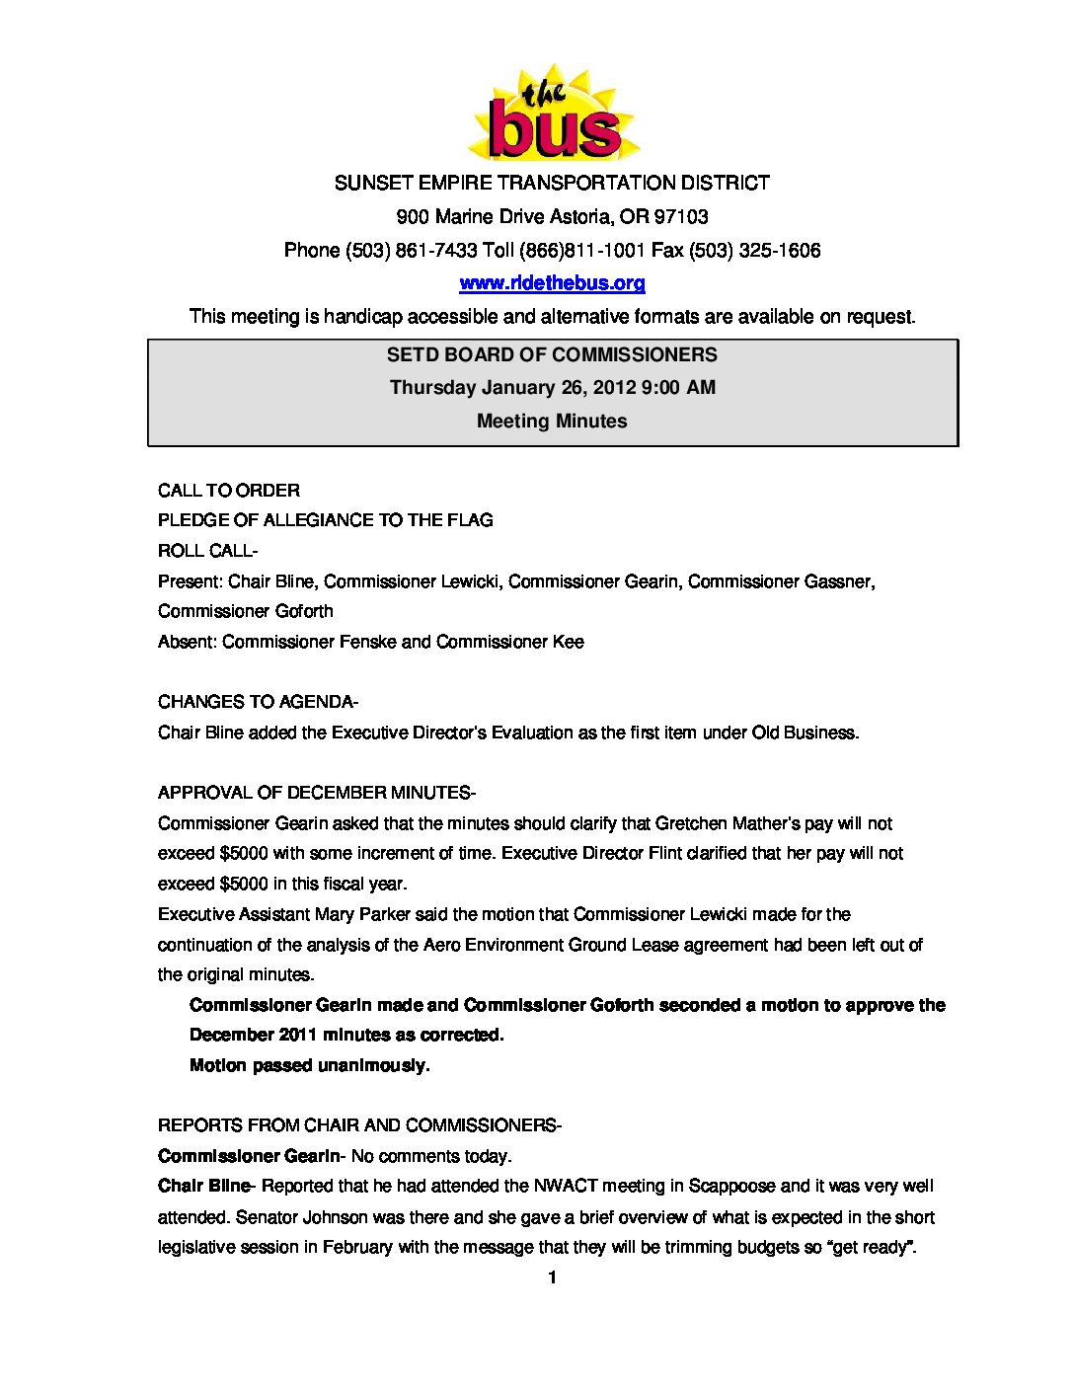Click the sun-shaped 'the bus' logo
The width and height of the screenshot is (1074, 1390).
pyautogui.click(x=553, y=116)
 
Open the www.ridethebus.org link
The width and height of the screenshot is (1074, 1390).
pyautogui.click(x=552, y=283)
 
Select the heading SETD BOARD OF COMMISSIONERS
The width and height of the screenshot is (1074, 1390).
pyautogui.click(x=552, y=354)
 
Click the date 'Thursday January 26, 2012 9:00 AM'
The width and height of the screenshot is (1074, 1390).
pyautogui.click(x=552, y=387)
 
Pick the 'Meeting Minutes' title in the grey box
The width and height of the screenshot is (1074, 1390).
pyautogui.click(x=552, y=421)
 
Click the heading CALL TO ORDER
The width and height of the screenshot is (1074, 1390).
pyautogui.click(x=229, y=491)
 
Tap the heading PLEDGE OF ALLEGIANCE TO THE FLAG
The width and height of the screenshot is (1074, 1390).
pyautogui.click(x=325, y=520)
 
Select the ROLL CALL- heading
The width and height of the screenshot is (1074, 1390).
pyautogui.click(x=207, y=551)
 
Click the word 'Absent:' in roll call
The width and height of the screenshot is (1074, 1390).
pyautogui.click(x=187, y=642)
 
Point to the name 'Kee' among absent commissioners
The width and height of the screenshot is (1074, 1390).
pyautogui.click(x=568, y=642)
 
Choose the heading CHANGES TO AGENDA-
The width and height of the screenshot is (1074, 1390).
pyautogui.click(x=258, y=702)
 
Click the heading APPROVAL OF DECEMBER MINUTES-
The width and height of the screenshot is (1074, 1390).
pyautogui.click(x=316, y=793)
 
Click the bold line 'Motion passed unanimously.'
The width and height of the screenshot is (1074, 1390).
pyautogui.click(x=309, y=1065)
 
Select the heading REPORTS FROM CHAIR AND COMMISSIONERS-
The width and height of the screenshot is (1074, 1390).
pyautogui.click(x=359, y=1125)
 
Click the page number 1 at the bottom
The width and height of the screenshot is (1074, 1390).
pyautogui.click(x=552, y=1277)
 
